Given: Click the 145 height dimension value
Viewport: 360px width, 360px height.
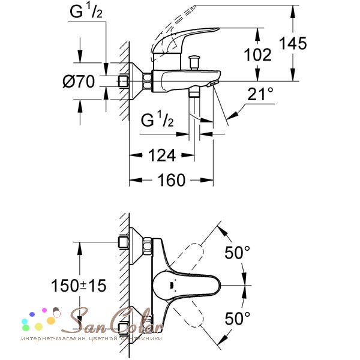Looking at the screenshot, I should [293, 43].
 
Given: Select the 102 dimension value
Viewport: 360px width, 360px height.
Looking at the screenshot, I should [258, 55].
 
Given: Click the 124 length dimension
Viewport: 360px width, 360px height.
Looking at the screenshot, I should [161, 156].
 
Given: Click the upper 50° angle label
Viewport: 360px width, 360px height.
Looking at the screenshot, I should [238, 253].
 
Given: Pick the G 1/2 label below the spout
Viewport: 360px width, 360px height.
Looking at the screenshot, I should [158, 121].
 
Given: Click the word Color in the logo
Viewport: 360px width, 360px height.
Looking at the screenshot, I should [138, 319].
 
